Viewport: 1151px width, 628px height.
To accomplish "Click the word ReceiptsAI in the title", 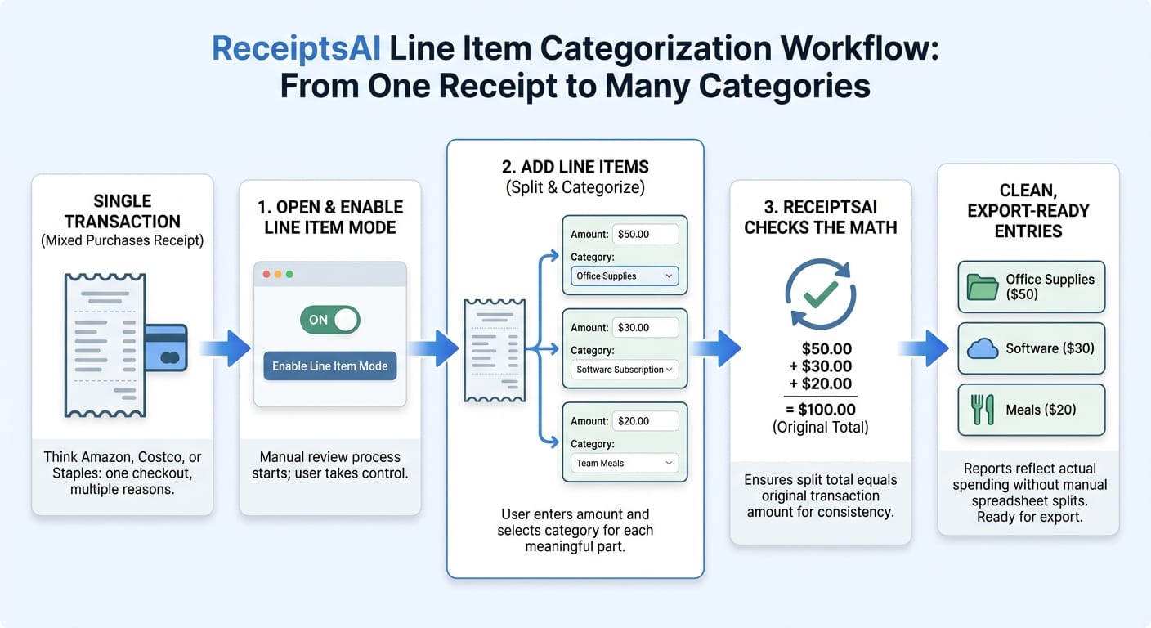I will coord(296,49).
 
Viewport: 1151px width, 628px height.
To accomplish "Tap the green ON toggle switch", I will coord(329,320).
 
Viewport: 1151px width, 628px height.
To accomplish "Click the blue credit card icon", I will coord(167,348).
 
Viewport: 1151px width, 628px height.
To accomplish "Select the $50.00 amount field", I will coord(645,234).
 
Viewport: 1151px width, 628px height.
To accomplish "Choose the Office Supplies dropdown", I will coord(625,276).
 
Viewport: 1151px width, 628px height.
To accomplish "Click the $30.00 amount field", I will coord(645,327).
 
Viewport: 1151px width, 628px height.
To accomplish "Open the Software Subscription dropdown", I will coord(625,370).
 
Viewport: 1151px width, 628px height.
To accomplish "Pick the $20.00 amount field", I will coord(645,421).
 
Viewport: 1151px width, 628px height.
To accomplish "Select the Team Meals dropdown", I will coord(625,463).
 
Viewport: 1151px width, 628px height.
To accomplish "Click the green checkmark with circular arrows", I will coord(820,294).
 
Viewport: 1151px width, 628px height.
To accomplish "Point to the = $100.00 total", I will coord(820,410).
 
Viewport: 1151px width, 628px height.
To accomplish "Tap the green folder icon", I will coord(983,287).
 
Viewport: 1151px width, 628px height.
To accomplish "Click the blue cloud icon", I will coord(983,349).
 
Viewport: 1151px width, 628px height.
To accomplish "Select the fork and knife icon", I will coord(983,410).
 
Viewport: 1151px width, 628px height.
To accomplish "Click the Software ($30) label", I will coord(1050,348).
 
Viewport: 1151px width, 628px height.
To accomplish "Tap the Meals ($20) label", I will coord(1045,410).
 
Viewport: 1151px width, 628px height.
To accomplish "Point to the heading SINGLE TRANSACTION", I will coord(122,211).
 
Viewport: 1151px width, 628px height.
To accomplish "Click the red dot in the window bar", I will coord(266,274).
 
